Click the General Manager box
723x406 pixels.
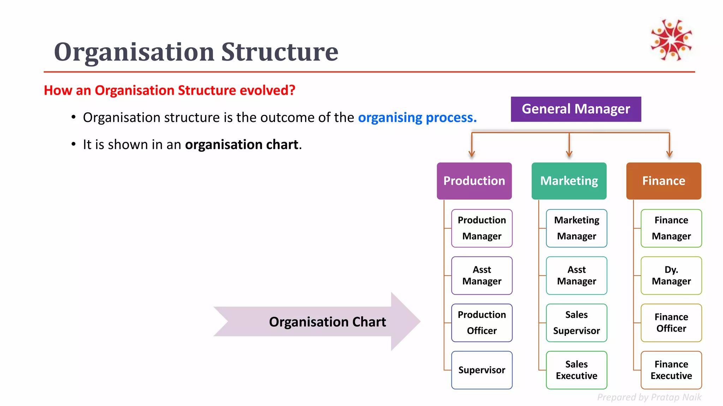(x=576, y=109)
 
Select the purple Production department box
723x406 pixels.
(x=474, y=181)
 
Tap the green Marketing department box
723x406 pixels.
(x=569, y=181)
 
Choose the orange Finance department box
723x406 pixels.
(x=664, y=181)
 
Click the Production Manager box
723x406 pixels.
(x=482, y=228)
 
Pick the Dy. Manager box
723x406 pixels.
(x=671, y=276)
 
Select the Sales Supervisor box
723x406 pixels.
(x=576, y=323)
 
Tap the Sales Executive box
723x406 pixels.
(x=576, y=370)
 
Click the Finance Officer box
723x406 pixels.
(x=671, y=323)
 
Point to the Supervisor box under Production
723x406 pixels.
(x=482, y=370)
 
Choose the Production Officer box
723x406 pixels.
(x=482, y=323)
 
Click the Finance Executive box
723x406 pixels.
(x=671, y=370)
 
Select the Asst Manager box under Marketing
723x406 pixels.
(x=576, y=276)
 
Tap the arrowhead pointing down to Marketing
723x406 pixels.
(x=569, y=154)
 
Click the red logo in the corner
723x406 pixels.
(x=671, y=40)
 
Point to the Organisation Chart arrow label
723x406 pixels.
(x=327, y=322)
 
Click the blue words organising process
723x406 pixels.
(x=417, y=118)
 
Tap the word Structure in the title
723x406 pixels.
(x=280, y=52)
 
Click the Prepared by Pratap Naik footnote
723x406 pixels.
(x=649, y=397)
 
